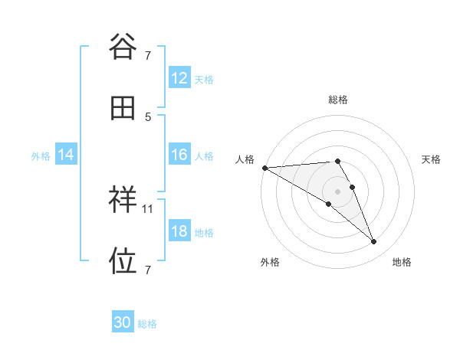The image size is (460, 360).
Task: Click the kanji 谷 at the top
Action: click(123, 47)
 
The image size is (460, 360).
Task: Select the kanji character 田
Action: click(123, 108)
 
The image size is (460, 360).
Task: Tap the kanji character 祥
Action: click(123, 201)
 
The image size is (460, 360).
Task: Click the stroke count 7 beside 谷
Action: click(148, 55)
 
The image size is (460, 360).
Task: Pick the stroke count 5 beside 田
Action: click(148, 116)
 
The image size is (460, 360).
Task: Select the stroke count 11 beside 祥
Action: click(149, 208)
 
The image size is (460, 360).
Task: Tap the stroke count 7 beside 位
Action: click(148, 270)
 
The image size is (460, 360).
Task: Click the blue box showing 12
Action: click(179, 78)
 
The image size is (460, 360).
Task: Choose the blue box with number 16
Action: click(179, 155)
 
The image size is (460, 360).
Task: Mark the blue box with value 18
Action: click(179, 231)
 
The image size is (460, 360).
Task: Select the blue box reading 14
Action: click(66, 155)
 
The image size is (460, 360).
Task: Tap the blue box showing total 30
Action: click(123, 323)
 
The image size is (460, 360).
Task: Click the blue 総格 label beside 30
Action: click(148, 324)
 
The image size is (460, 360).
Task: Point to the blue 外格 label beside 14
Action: click(41, 155)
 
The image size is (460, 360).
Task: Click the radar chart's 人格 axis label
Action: click(245, 159)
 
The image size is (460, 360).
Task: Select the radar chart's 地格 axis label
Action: click(402, 262)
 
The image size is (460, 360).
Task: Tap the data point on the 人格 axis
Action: click(264, 168)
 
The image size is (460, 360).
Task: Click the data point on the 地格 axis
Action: click(374, 242)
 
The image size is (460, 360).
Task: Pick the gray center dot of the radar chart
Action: click(338, 191)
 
